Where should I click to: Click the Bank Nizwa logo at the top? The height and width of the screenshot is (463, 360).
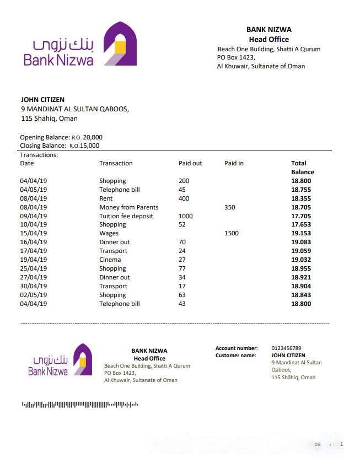[80, 44]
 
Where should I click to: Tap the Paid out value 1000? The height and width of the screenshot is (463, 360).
[186, 216]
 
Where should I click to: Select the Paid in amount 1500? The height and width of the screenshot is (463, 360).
[232, 233]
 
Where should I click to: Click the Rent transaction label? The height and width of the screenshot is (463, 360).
[106, 198]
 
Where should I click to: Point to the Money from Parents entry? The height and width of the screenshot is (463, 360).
[128, 207]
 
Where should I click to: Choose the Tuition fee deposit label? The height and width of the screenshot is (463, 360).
[126, 216]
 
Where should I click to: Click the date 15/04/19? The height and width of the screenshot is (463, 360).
[34, 233]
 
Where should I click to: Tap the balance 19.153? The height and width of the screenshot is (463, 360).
[301, 233]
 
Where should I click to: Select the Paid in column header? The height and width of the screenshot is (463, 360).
[234, 163]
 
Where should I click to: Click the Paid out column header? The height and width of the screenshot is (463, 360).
[190, 163]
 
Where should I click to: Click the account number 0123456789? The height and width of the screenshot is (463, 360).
[286, 348]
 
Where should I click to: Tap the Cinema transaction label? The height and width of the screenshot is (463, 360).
[110, 260]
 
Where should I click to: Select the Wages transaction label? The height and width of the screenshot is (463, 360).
[109, 233]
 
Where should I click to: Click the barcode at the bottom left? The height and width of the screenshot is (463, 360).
[80, 405]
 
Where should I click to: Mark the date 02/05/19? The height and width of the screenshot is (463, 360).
[34, 295]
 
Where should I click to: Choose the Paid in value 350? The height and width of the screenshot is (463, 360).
[230, 207]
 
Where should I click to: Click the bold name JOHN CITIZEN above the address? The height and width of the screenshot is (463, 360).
[42, 100]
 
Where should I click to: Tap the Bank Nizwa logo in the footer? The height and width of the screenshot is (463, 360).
[60, 360]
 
